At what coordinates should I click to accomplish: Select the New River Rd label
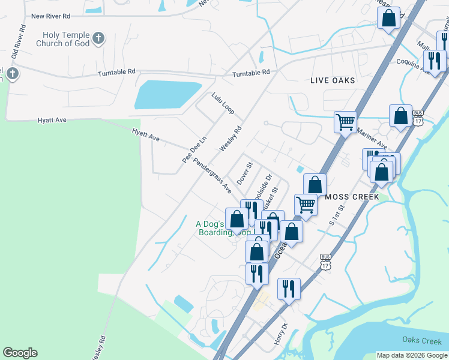tap(50, 16)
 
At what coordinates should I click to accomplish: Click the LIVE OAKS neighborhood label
tap(333, 80)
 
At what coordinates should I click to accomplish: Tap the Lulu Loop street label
tap(223, 103)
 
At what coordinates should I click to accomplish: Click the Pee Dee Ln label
tap(194, 149)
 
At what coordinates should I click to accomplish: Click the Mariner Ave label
tap(372, 137)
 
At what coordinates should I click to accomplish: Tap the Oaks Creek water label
tap(422, 341)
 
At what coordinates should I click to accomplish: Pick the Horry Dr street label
tap(281, 330)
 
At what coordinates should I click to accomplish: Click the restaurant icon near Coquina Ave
tap(433, 60)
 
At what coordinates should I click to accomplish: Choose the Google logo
tap(20, 353)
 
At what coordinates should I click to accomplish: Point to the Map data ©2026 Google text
tap(411, 355)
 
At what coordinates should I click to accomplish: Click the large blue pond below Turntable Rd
tap(166, 95)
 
